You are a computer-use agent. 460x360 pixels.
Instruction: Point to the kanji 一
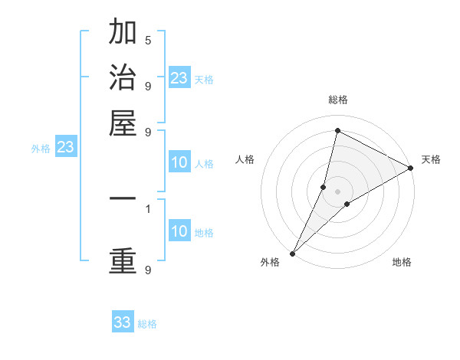tap(123, 199)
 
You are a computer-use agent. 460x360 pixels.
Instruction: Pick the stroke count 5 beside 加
tap(147, 40)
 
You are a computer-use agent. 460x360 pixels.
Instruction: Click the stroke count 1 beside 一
tap(147, 208)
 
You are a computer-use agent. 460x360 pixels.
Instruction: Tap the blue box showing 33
tap(123, 322)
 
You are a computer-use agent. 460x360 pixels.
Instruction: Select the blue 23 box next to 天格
tap(179, 77)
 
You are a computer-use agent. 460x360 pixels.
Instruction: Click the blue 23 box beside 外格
tap(65, 147)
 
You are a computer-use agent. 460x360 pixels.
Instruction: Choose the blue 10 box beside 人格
tap(179, 162)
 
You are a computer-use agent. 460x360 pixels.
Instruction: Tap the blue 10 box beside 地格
tap(179, 232)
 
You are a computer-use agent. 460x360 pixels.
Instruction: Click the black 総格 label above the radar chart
tap(337, 100)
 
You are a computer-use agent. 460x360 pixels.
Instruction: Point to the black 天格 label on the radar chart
tap(431, 159)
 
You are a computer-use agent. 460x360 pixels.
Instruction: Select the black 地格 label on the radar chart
tap(402, 262)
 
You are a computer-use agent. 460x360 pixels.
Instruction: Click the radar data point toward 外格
tap(292, 253)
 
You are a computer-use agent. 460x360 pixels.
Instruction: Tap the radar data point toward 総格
tap(337, 130)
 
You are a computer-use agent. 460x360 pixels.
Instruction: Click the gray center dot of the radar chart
tap(337, 191)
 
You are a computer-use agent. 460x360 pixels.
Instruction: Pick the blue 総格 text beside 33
tap(147, 324)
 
